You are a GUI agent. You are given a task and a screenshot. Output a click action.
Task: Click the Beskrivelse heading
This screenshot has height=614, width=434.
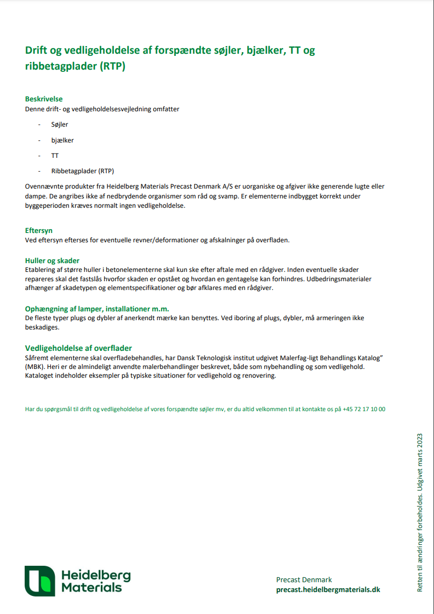click(x=44, y=99)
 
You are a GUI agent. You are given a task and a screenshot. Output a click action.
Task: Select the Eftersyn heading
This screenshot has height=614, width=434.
click(x=39, y=231)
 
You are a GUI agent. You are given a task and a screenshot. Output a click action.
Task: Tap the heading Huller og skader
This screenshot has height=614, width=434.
click(x=53, y=260)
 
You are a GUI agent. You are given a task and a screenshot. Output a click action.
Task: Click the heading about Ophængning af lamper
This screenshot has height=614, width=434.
click(x=97, y=309)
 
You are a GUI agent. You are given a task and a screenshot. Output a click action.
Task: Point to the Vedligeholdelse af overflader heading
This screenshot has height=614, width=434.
click(x=78, y=348)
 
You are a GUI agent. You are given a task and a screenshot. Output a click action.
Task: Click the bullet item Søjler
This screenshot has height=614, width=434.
click(x=60, y=124)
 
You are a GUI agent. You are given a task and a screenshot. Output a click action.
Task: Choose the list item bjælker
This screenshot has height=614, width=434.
click(x=62, y=140)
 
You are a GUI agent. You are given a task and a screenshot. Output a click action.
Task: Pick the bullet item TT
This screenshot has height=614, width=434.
click(x=55, y=155)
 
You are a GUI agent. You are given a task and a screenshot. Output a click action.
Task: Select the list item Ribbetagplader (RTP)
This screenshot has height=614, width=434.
click(x=83, y=170)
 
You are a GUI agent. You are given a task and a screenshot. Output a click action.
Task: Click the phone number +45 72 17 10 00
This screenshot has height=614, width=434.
click(x=364, y=409)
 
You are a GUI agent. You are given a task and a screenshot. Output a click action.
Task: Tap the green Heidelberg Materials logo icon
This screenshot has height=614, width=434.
click(x=39, y=581)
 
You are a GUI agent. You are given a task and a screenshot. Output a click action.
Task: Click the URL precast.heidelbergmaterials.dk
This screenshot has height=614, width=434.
click(x=328, y=589)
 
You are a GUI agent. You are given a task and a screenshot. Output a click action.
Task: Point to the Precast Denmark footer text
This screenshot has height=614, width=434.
click(x=304, y=579)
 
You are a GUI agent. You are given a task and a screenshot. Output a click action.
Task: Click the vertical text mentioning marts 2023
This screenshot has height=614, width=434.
click(x=420, y=513)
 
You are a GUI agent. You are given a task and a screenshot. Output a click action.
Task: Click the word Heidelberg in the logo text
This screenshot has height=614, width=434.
click(x=95, y=575)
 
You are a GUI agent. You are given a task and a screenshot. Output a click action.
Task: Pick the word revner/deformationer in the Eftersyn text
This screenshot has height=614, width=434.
click(x=165, y=240)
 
